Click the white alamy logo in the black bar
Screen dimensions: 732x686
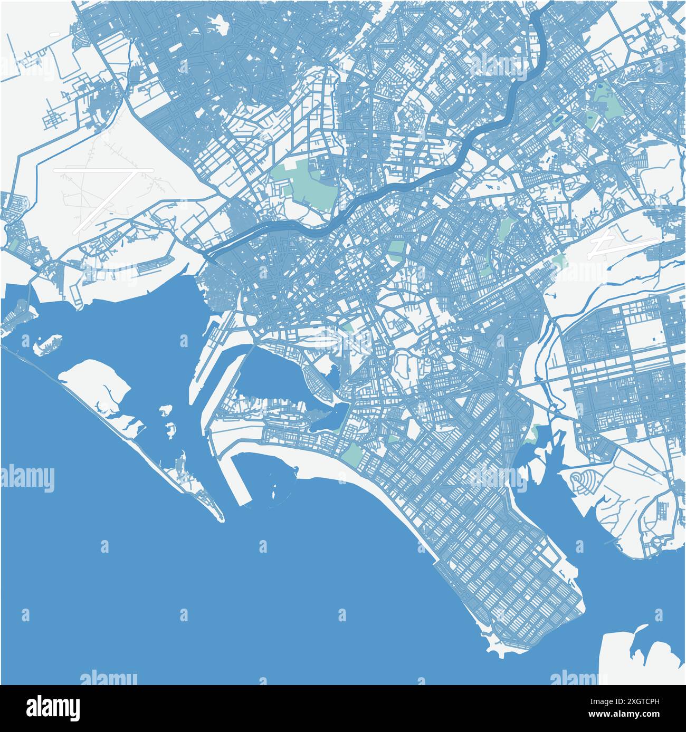coord(53,708)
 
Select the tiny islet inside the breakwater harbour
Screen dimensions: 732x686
coord(274,493)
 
